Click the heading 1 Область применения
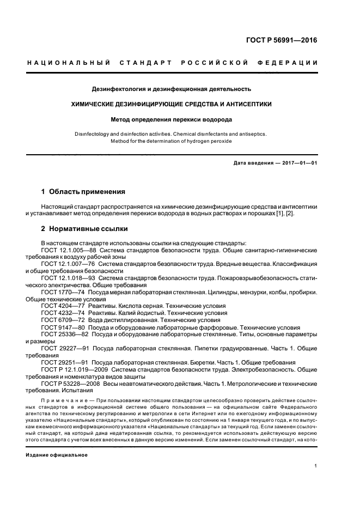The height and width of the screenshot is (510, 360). (83, 192)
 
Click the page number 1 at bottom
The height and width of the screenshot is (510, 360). (316, 466)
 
